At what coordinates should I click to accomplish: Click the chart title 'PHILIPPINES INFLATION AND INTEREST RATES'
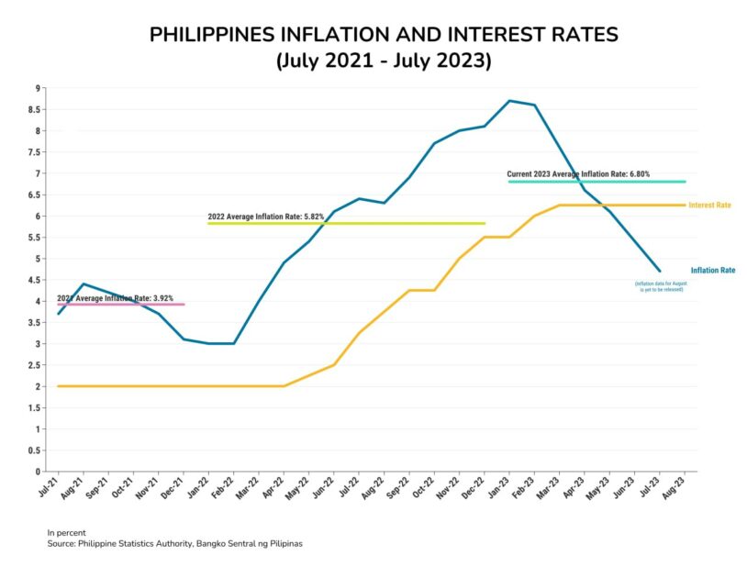(384, 35)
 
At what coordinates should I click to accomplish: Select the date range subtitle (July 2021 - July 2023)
(384, 61)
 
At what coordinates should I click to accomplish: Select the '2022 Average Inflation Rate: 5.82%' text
(265, 217)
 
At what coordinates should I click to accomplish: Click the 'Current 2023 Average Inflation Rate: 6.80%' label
(578, 174)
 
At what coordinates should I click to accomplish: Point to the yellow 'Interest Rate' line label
(709, 206)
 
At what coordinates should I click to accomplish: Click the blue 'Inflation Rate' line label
(713, 271)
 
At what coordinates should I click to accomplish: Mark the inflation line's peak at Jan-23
(509, 101)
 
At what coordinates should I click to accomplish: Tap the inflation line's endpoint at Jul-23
(660, 271)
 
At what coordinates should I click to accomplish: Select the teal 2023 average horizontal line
(642, 182)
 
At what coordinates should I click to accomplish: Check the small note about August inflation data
(660, 286)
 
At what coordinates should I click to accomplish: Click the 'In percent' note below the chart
(65, 533)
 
